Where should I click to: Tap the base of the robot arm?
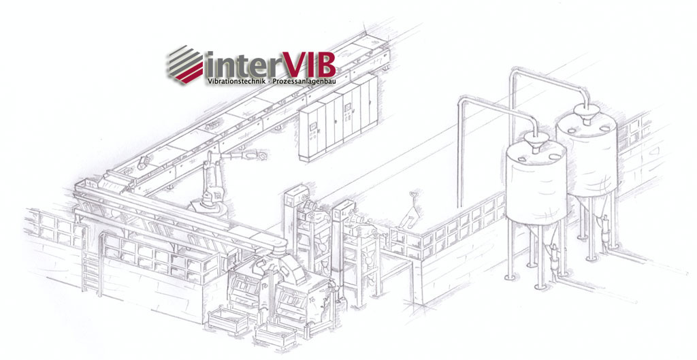click(206, 203)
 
